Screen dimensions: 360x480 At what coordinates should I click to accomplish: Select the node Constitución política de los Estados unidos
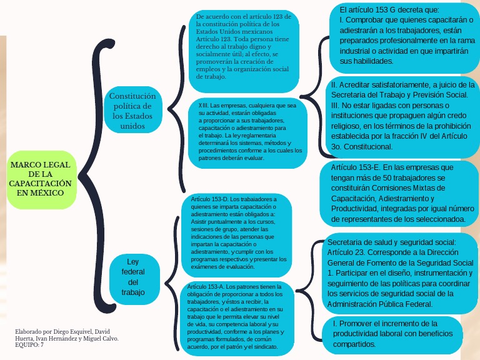[132, 110]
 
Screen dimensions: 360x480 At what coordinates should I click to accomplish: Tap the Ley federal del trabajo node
[132, 276]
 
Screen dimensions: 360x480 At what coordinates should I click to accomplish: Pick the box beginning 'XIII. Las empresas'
[247, 132]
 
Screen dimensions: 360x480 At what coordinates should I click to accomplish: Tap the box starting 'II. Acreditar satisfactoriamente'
[402, 115]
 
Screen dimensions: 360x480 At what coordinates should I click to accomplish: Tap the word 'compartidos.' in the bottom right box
[354, 344]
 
